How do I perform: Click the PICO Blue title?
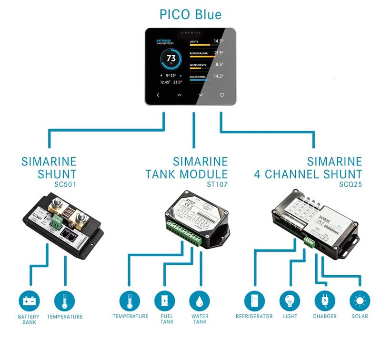click(190, 14)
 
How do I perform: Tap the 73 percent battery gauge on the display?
click(171, 59)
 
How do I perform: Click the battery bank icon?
click(29, 301)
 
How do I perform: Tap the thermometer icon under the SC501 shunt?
click(65, 301)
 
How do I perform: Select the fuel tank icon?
click(163, 301)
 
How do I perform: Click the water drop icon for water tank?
click(200, 301)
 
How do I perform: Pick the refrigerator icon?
click(254, 301)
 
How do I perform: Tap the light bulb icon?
click(290, 301)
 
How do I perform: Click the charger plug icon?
click(325, 301)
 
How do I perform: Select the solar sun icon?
click(360, 301)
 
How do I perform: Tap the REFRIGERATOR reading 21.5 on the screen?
click(218, 53)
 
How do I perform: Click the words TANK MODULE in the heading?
click(187, 174)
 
